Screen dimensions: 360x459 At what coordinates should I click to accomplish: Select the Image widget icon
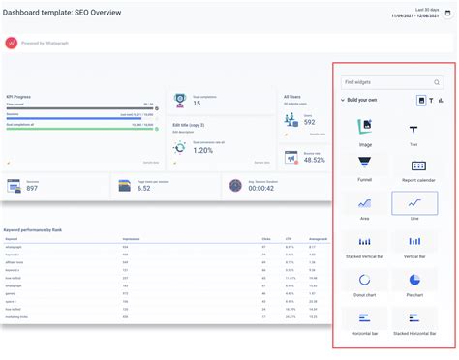point(364,127)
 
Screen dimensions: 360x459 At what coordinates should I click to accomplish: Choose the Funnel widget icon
point(364,165)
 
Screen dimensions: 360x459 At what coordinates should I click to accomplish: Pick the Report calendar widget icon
point(413,165)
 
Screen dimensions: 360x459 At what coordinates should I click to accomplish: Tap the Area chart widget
point(364,203)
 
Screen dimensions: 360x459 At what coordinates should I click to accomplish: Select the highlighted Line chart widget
point(413,203)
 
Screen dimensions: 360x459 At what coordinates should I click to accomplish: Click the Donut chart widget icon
point(364,280)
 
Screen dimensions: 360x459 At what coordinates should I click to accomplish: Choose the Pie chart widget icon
point(413,280)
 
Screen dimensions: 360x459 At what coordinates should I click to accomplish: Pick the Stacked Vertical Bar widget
point(364,241)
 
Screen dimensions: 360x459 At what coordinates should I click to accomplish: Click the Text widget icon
point(413,128)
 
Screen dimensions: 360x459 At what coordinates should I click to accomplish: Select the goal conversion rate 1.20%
point(203,150)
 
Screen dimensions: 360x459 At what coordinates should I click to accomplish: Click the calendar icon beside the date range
point(446,14)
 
